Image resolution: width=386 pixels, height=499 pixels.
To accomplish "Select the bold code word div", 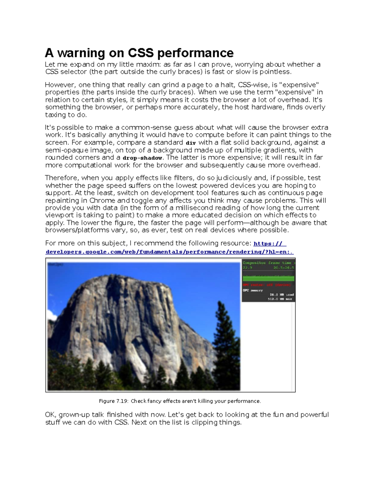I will (x=191, y=143).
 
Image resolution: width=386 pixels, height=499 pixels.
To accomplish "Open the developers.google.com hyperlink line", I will (x=170, y=252).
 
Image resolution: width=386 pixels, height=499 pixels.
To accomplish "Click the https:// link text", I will (x=270, y=244).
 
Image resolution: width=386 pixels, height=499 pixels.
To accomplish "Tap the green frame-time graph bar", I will (x=268, y=278).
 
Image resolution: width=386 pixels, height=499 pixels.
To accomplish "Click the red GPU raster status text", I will (x=267, y=285).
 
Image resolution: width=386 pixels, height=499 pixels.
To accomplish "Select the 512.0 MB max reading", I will (x=280, y=299).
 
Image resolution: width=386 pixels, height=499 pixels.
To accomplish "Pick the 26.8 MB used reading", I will (x=281, y=295).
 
